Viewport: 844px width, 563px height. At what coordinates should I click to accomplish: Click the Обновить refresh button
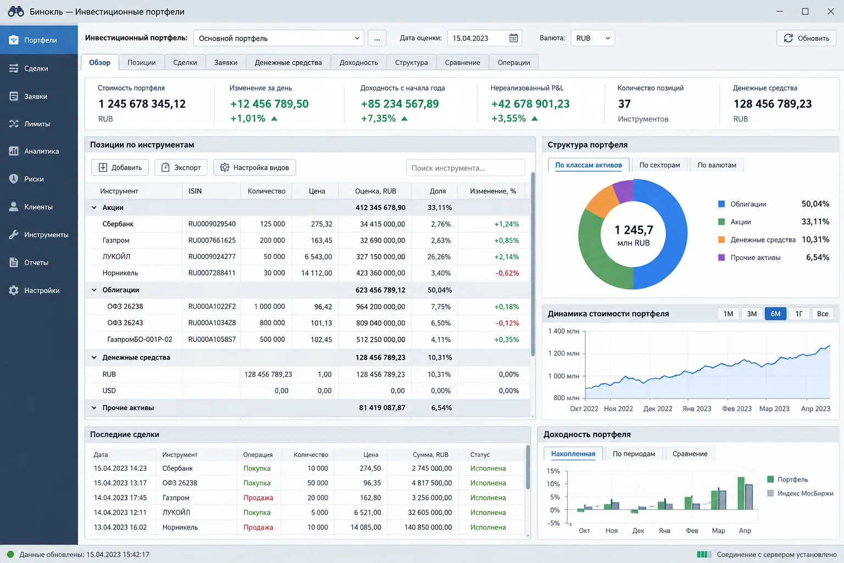click(x=806, y=38)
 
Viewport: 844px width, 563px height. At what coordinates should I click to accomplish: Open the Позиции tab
click(x=141, y=62)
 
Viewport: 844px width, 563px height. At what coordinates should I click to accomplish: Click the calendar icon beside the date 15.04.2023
click(x=513, y=38)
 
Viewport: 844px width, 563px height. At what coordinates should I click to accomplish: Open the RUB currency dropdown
click(x=593, y=38)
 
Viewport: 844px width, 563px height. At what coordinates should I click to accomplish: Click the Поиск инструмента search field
click(x=465, y=168)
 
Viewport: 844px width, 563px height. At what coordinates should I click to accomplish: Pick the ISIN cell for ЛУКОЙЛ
click(x=212, y=256)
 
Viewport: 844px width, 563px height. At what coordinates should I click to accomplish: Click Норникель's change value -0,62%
click(x=507, y=273)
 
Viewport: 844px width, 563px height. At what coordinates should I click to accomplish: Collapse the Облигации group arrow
click(x=94, y=290)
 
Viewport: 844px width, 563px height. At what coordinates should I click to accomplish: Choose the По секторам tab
click(x=659, y=165)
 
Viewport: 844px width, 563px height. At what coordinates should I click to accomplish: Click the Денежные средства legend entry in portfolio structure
click(x=763, y=240)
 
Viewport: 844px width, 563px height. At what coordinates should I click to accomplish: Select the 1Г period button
click(x=799, y=313)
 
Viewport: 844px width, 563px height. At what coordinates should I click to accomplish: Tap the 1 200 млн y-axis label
click(x=563, y=354)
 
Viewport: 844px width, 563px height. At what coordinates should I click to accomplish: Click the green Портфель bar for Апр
click(x=741, y=493)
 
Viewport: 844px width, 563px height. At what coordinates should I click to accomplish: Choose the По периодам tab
click(x=634, y=454)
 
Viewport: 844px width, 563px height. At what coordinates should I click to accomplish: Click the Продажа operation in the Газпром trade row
click(x=258, y=498)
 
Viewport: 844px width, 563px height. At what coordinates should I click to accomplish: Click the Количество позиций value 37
click(x=624, y=104)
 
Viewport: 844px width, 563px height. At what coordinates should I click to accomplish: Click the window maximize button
click(x=805, y=12)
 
